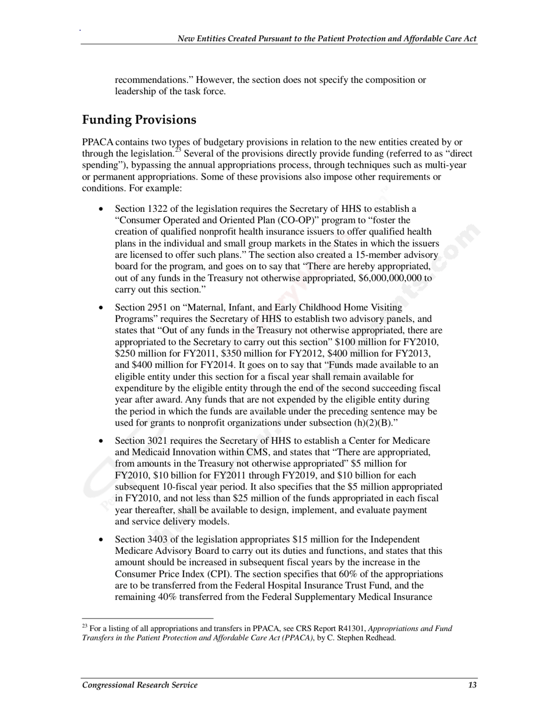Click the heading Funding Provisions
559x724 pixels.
point(139,120)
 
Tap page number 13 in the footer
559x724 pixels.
point(473,685)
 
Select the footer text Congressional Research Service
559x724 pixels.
point(140,685)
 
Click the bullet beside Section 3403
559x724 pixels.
point(102,540)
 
